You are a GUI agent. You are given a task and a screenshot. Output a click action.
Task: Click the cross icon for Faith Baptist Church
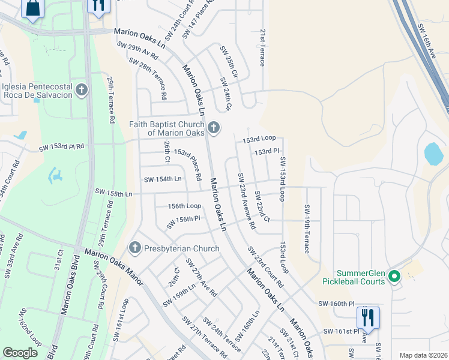coord(213,128)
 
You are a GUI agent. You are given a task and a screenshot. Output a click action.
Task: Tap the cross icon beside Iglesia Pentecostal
coord(82,90)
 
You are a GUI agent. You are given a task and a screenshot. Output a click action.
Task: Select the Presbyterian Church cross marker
coord(134,247)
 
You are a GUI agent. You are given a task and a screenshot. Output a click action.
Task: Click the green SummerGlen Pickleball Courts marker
coord(394,277)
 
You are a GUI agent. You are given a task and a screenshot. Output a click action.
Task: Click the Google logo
coord(20,353)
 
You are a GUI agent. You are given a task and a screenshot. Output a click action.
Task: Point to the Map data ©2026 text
coord(423,355)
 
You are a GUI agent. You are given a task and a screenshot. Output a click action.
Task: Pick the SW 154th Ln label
coord(162,179)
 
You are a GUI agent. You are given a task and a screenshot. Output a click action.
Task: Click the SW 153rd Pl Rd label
coord(62,146)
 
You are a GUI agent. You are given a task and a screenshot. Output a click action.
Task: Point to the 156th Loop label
coord(184,205)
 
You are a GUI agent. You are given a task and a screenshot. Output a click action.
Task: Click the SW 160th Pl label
coord(334,304)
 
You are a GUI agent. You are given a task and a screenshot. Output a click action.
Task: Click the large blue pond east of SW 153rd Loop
coord(433,154)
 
